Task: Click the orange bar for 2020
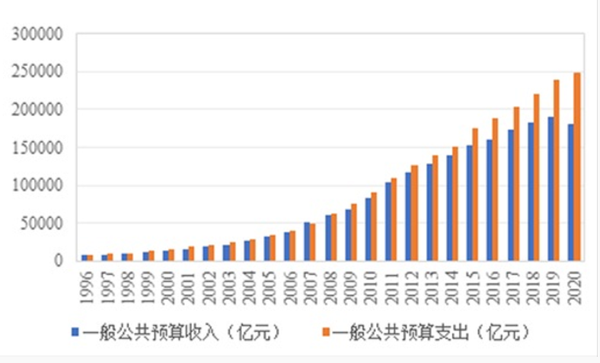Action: point(577,167)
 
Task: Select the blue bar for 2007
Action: point(307,241)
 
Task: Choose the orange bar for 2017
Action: point(516,183)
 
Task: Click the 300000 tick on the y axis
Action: point(39,35)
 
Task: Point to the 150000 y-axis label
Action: point(39,148)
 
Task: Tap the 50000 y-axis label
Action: point(42,223)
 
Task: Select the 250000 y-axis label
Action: point(39,72)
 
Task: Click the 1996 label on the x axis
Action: point(87,285)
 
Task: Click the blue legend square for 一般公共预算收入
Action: point(75,333)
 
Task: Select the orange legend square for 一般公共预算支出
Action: point(324,333)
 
